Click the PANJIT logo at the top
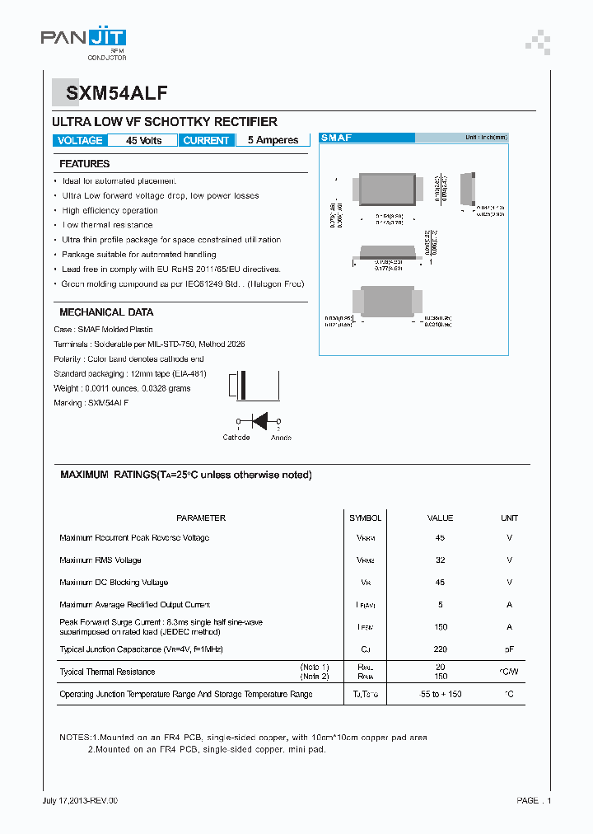(83, 39)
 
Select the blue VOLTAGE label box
(81, 141)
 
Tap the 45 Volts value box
(143, 141)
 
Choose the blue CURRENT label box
(206, 141)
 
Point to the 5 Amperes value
(273, 141)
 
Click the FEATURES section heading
(84, 164)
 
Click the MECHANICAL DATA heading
(106, 312)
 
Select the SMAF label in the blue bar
(335, 138)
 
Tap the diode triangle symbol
(259, 421)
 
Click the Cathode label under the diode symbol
(236, 438)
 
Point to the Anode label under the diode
(281, 438)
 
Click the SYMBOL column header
(365, 518)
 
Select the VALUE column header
(440, 518)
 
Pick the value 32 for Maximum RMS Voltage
(440, 560)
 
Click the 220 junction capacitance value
(440, 649)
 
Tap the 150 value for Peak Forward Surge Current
(440, 627)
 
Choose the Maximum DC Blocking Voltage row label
(114, 583)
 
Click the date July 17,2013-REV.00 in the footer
(80, 800)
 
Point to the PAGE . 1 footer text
(534, 800)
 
